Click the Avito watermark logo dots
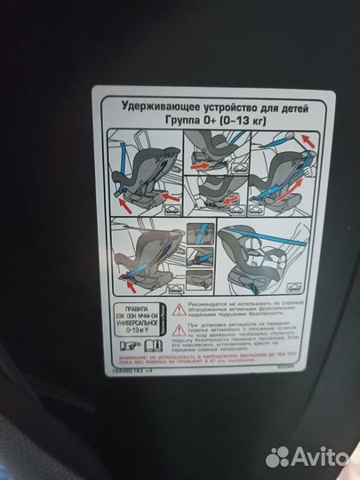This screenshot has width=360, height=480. point(279,456)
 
